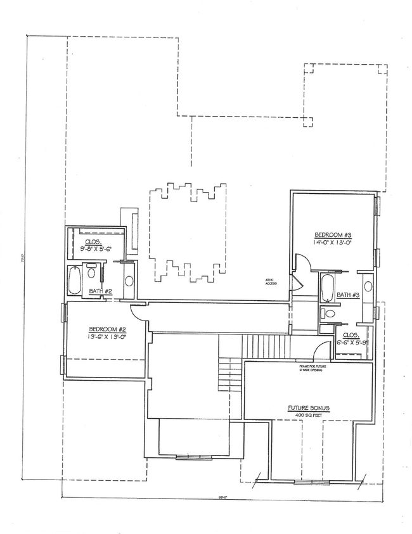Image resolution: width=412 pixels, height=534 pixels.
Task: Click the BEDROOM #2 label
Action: tap(107, 329)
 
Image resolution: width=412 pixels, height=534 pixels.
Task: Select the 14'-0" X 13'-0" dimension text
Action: tap(332, 242)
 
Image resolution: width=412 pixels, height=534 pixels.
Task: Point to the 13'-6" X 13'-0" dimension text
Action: tap(107, 338)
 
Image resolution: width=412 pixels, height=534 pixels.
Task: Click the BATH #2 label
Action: tap(100, 291)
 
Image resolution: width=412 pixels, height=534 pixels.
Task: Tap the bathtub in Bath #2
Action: tap(74, 281)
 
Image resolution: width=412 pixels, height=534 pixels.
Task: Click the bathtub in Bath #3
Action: tap(328, 288)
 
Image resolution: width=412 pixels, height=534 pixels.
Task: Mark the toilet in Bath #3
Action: tap(329, 312)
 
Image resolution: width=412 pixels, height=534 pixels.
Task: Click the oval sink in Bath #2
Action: tap(129, 282)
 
